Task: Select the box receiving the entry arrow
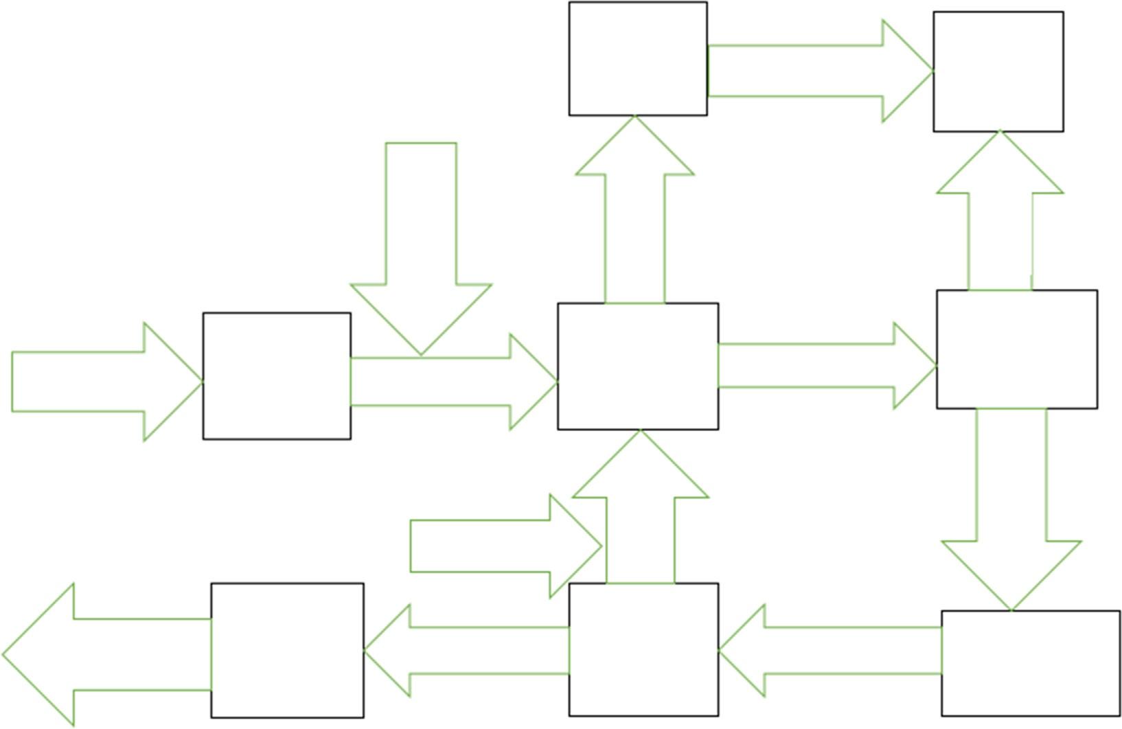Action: click(x=277, y=375)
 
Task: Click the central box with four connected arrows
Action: click(x=638, y=366)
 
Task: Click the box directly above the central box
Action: click(x=638, y=58)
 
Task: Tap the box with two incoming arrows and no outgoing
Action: click(x=998, y=71)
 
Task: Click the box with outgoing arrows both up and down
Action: click(x=1016, y=349)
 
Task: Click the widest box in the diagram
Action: click(x=1030, y=662)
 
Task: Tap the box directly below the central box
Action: click(x=643, y=649)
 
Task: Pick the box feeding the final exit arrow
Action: click(x=287, y=650)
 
